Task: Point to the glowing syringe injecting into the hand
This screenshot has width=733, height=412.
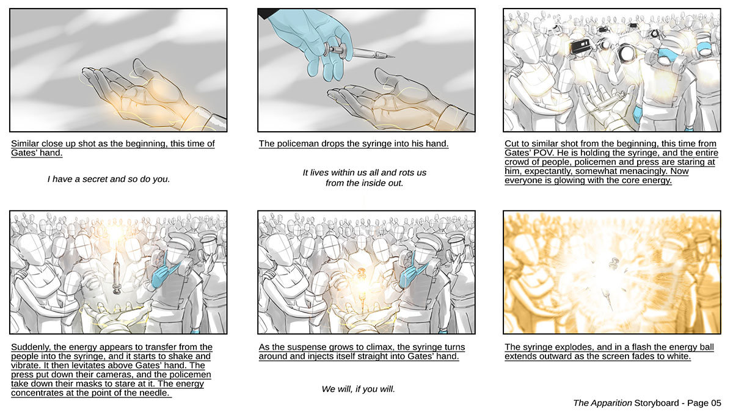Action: coord(361,284)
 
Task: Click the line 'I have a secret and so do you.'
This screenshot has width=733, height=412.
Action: coord(109,179)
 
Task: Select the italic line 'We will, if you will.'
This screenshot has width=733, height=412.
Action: coord(359,389)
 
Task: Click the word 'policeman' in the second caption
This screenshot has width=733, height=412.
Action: coord(298,143)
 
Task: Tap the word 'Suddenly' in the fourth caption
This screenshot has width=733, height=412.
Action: coord(31,347)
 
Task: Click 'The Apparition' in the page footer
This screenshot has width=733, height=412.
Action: coord(602,403)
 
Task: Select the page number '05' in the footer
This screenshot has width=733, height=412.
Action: coord(716,403)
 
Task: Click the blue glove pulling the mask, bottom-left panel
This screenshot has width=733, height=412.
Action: coord(164,275)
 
